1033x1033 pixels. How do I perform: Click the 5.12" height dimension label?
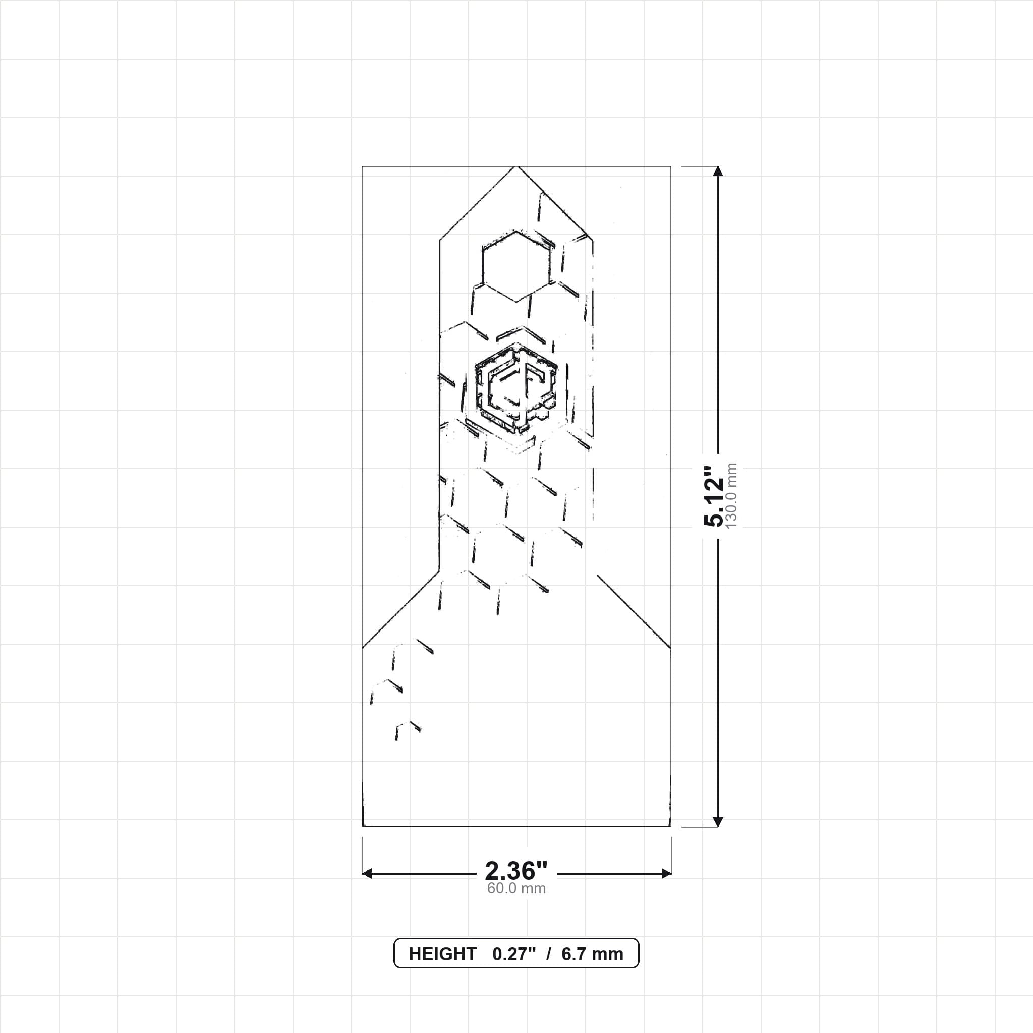pyautogui.click(x=713, y=496)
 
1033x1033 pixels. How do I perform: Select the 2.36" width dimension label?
pyautogui.click(x=516, y=871)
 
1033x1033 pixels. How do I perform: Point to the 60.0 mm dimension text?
pyautogui.click(x=516, y=889)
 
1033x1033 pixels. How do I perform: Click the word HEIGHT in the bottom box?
pyautogui.click(x=442, y=954)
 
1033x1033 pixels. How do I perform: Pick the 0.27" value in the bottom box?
pyautogui.click(x=514, y=954)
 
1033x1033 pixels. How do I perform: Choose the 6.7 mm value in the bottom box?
pyautogui.click(x=593, y=954)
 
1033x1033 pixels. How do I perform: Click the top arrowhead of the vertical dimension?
pyautogui.click(x=718, y=171)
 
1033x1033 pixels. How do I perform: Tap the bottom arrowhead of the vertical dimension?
pyautogui.click(x=718, y=822)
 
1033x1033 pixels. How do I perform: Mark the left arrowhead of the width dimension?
pyautogui.click(x=367, y=874)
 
